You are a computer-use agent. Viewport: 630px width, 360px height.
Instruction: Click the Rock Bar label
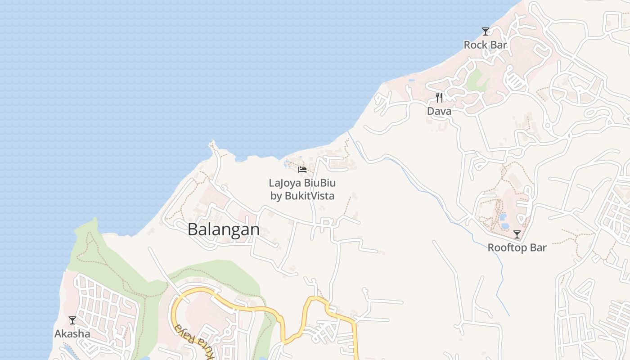pos(485,45)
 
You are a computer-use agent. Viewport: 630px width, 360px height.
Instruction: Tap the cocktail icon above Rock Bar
pos(485,31)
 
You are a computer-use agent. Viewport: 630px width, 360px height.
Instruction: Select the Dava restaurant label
pos(439,111)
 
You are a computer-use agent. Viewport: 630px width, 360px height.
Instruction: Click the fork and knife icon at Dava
pos(439,97)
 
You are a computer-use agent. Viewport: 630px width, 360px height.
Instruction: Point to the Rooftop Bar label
pos(517,247)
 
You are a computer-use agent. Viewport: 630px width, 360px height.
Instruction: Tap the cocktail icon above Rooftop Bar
pos(517,234)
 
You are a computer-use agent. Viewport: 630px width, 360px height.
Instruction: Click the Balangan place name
pos(224,229)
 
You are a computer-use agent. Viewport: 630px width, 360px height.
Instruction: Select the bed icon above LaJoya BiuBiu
pos(302,170)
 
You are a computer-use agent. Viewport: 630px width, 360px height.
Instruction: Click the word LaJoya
pos(285,183)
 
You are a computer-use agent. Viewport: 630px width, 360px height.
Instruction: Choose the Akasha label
pos(72,334)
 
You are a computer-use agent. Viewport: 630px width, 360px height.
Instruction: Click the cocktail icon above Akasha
pos(72,320)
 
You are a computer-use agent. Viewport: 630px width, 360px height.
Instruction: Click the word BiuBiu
pos(320,183)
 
